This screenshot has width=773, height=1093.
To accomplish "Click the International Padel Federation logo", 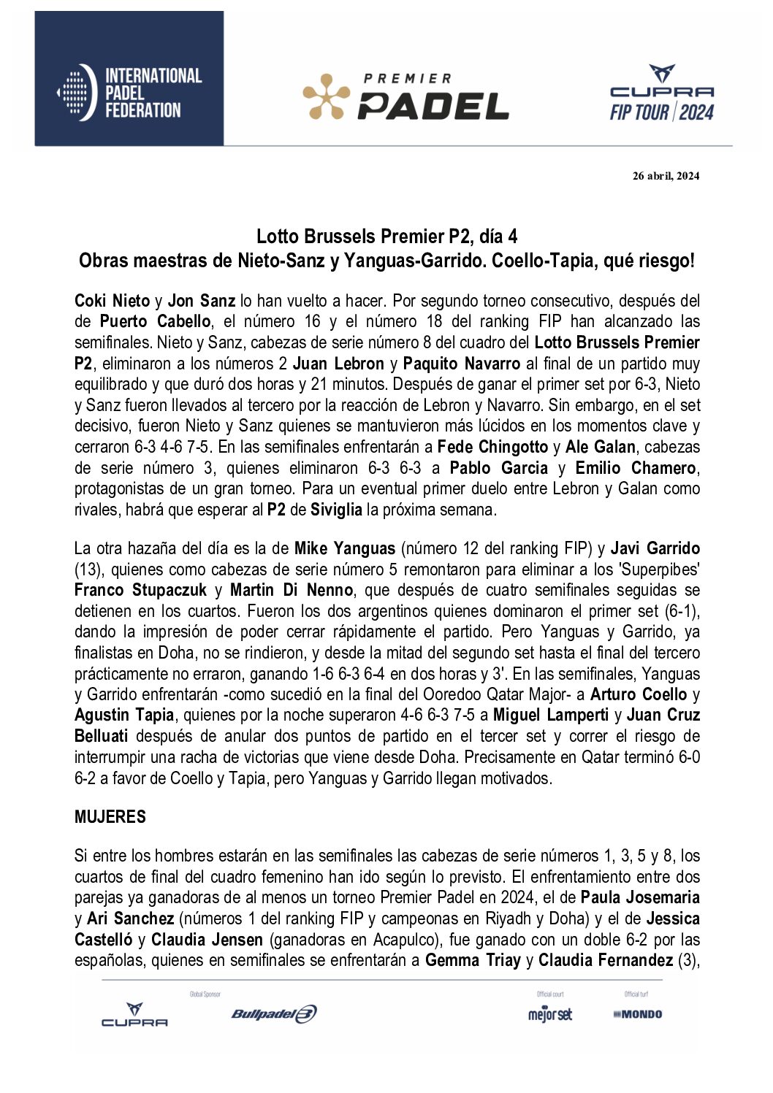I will [x=129, y=93].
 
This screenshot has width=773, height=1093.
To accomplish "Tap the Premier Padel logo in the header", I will [x=406, y=97].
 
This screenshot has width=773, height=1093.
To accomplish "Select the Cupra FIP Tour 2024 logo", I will [x=662, y=93].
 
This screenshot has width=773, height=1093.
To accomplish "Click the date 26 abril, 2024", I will [x=666, y=175].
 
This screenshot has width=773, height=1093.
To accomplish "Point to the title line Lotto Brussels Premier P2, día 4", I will [x=386, y=237].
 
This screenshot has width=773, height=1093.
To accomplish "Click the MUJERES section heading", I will [x=110, y=817].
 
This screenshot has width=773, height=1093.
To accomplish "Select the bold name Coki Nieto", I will [x=112, y=301].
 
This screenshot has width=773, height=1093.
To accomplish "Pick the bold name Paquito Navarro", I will [x=462, y=364].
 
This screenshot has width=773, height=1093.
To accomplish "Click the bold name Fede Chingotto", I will [x=492, y=447].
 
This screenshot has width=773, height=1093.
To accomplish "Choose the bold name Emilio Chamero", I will [x=636, y=468].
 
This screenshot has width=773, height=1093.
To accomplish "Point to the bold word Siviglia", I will [x=336, y=510].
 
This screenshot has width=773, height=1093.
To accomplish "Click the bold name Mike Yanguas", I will [x=345, y=548].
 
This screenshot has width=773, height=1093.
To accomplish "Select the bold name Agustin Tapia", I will [x=124, y=716].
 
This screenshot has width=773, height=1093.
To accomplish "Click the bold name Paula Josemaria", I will [x=640, y=897].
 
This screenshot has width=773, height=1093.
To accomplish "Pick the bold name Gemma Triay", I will [x=473, y=960].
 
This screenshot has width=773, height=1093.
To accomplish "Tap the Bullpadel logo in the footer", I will [x=274, y=1014].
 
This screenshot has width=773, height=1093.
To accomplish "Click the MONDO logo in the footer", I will [x=638, y=1014].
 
